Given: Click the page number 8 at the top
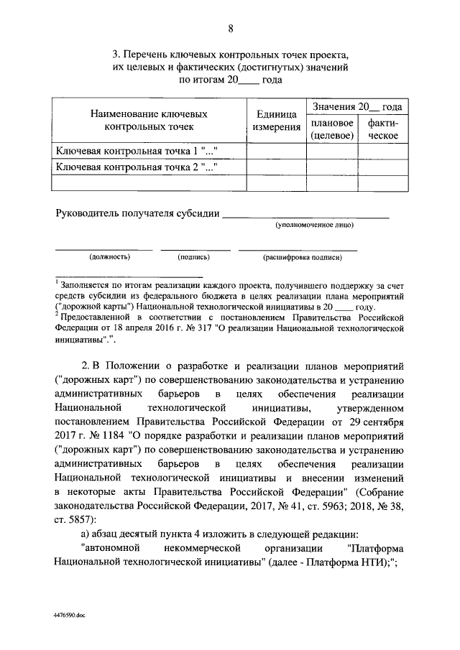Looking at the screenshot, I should point(231,29).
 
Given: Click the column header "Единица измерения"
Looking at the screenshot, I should point(277,121).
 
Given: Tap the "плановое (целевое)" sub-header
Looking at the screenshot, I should point(331,129).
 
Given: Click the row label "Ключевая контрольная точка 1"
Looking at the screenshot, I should point(136,151).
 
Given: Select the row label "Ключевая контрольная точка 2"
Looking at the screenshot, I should point(136,167).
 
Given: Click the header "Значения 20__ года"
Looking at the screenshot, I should point(356,107).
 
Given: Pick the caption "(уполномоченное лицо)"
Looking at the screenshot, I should point(315,225).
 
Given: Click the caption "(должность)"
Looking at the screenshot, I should point(109,256).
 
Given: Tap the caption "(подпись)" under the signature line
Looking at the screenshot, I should point(193,256).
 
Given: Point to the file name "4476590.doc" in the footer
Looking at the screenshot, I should point(70,616).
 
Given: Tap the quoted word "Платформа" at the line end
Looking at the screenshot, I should point(377,547).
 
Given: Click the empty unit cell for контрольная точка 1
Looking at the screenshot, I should point(277,151).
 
